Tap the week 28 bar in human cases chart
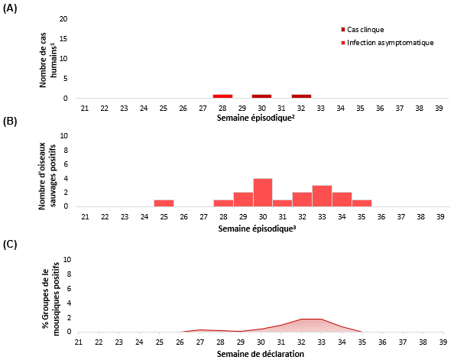[222, 96]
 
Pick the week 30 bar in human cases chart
[262, 96]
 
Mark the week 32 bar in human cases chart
[301, 96]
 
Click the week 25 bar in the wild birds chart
[164, 203]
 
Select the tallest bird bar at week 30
[262, 193]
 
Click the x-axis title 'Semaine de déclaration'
[261, 354]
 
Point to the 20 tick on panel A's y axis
[73, 18]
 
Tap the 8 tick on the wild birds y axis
[74, 151]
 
